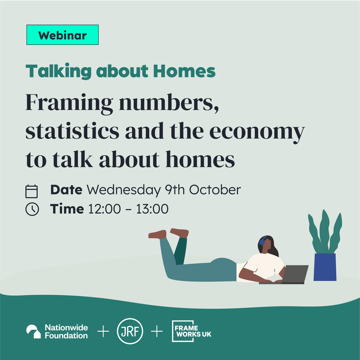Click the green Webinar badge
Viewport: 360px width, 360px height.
pyautogui.click(x=62, y=35)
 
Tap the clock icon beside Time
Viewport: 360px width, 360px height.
pyautogui.click(x=31, y=209)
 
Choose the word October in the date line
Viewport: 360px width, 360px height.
pyautogui.click(x=215, y=190)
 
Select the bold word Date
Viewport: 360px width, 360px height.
pyautogui.click(x=66, y=190)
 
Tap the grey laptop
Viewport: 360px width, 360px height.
pyautogui.click(x=295, y=274)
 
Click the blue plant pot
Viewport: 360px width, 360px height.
pyautogui.click(x=324, y=267)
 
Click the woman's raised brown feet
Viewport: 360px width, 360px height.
pyautogui.click(x=169, y=233)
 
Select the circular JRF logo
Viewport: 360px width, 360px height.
pyautogui.click(x=130, y=332)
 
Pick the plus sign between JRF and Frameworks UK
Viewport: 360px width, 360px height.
pyautogui.click(x=157, y=332)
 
